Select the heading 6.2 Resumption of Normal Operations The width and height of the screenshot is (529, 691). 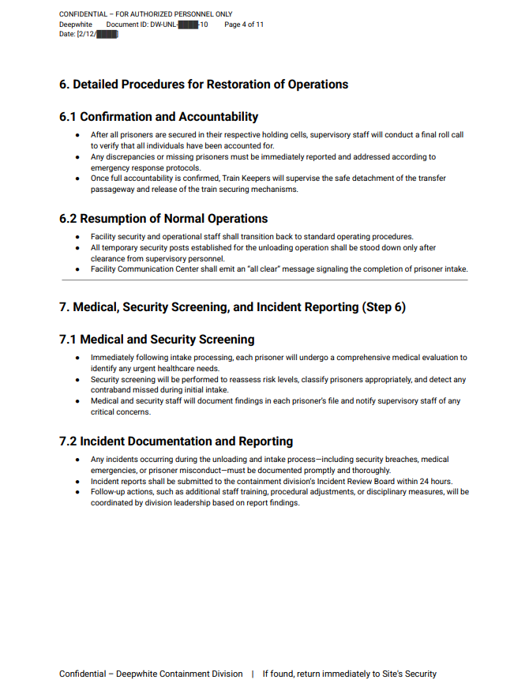point(163,219)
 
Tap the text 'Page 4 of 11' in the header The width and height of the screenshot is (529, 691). point(244,24)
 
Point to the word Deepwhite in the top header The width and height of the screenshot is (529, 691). point(76,24)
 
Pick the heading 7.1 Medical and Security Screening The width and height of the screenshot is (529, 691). point(156,340)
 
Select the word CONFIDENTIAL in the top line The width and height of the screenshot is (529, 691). point(82,14)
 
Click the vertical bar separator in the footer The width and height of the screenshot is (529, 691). point(253,674)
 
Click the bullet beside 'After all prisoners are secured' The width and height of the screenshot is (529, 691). point(77,135)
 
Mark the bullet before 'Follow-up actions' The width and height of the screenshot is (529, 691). point(77,492)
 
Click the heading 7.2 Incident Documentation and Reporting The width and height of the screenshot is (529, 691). point(176,441)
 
